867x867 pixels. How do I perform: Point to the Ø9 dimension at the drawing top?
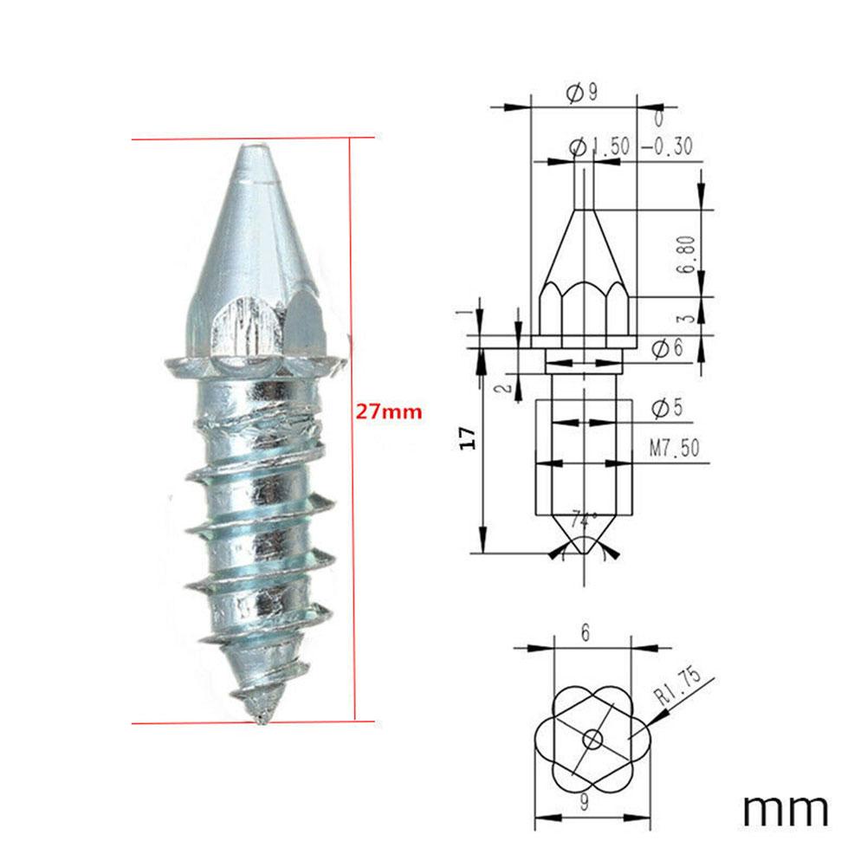[x=582, y=94]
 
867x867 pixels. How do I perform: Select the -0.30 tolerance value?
[x=667, y=147]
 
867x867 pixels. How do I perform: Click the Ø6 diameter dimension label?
[x=668, y=348]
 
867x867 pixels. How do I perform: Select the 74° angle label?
[x=585, y=521]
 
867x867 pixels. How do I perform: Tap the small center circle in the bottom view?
[x=592, y=739]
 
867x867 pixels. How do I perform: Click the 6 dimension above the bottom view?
[x=586, y=634]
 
